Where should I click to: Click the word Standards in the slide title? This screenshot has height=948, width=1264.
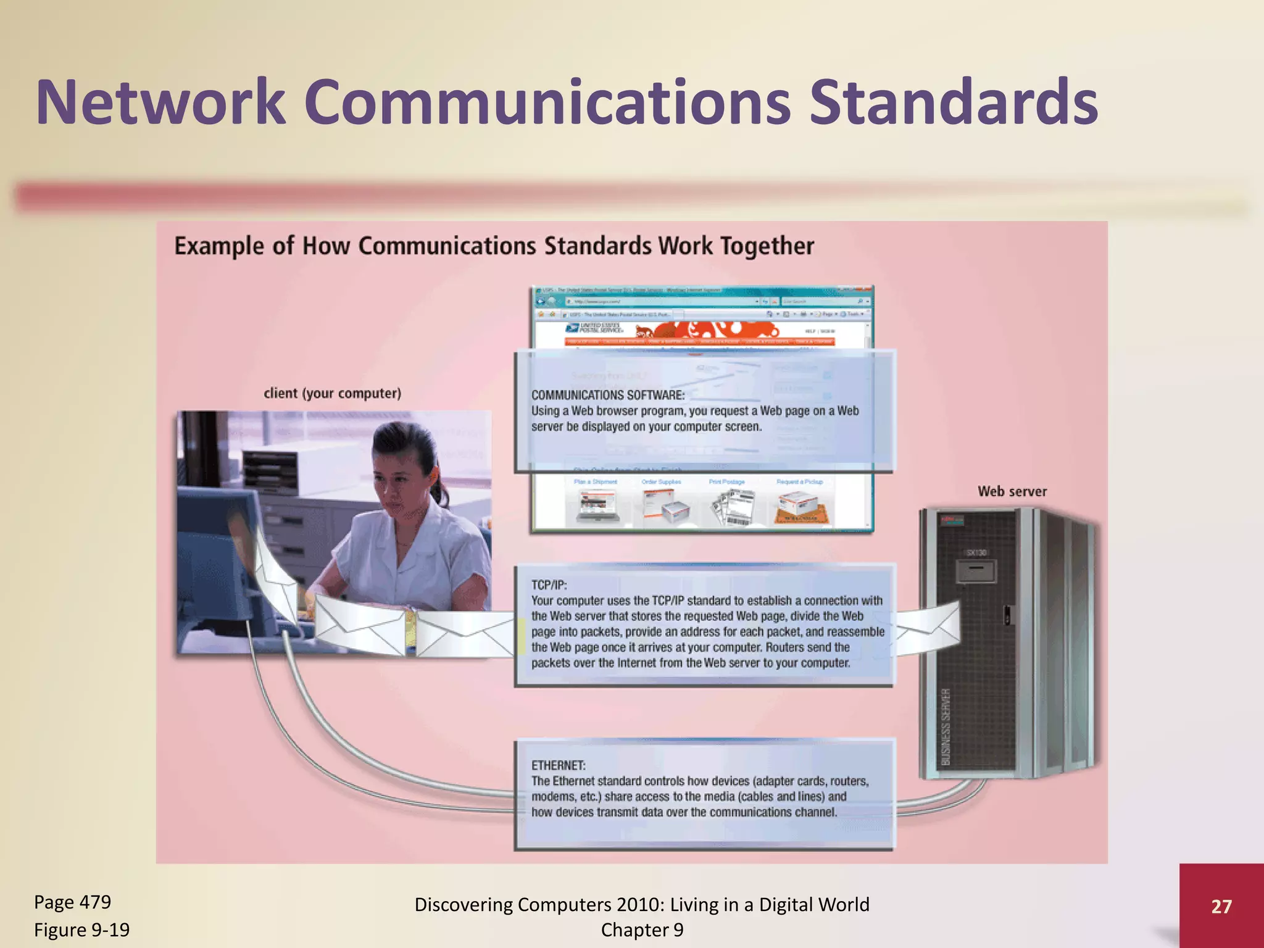pos(954,102)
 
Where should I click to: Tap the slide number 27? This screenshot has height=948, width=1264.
pos(1221,906)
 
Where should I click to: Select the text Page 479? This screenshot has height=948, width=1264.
pos(72,902)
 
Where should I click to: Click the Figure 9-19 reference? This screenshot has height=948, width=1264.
pos(81,929)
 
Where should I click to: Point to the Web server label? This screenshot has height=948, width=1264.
pos(1012,491)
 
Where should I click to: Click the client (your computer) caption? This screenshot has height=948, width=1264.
pos(332,393)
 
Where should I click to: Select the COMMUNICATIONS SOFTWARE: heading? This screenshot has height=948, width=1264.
pos(608,395)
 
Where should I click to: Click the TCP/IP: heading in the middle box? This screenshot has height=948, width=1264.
pos(549,584)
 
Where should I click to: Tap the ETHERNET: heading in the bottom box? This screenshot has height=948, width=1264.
pos(558,765)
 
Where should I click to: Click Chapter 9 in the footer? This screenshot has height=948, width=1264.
pos(642,929)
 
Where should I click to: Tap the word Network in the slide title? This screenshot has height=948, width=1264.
pos(160,102)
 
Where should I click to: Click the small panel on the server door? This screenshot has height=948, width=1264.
pos(975,571)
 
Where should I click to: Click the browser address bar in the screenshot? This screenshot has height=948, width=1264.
pos(660,302)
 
